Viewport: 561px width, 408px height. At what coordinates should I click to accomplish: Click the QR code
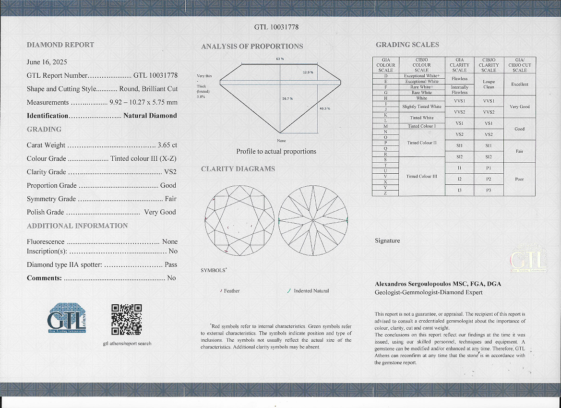pos(126,319)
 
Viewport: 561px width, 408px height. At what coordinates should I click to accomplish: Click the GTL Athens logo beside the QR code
pos(66,318)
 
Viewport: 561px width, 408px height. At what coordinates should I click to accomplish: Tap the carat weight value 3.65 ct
pos(167,145)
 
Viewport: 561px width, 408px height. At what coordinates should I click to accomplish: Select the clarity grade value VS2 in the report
pos(170,172)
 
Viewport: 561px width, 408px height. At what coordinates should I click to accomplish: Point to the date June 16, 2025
pos(47,62)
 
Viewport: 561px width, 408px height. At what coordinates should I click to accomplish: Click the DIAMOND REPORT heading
pos(60,45)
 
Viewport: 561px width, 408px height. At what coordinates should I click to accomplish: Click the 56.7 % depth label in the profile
pos(287,98)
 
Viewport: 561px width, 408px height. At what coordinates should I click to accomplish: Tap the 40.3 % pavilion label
pos(324,108)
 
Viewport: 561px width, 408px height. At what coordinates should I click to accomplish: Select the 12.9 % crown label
pos(308,72)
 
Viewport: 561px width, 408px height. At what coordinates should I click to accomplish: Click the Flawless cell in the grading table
pos(459,79)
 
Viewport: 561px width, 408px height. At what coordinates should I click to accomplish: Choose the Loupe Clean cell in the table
pos(489,84)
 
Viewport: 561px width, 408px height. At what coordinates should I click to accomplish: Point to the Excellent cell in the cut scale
pos(520,84)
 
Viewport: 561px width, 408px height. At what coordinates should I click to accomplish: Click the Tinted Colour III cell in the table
pos(422,176)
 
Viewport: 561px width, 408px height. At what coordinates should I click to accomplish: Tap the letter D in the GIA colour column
pos(386,76)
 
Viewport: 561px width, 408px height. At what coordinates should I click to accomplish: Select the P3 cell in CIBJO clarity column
pos(489,191)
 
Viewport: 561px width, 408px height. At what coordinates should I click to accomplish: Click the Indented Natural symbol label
pos(311,291)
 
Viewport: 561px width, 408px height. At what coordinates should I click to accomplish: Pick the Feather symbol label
pos(232,291)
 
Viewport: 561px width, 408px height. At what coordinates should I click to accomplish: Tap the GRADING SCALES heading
pos(407,45)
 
